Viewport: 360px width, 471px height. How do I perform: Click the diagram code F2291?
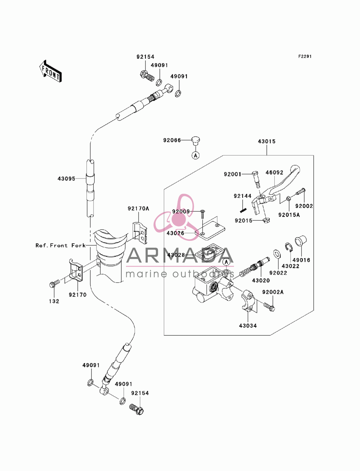click(x=305, y=56)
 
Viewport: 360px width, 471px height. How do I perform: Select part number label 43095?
click(x=66, y=178)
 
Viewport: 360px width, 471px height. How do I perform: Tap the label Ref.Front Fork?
click(x=60, y=245)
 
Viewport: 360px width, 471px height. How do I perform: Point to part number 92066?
click(x=172, y=140)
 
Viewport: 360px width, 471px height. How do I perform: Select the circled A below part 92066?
click(x=195, y=155)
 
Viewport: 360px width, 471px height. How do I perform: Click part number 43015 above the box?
click(x=267, y=141)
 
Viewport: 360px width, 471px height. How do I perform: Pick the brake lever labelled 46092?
click(x=277, y=189)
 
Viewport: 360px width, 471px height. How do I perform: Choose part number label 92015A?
click(x=289, y=215)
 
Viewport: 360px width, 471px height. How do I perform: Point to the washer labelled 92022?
click(x=277, y=254)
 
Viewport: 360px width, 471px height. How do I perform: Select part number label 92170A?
click(x=138, y=208)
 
